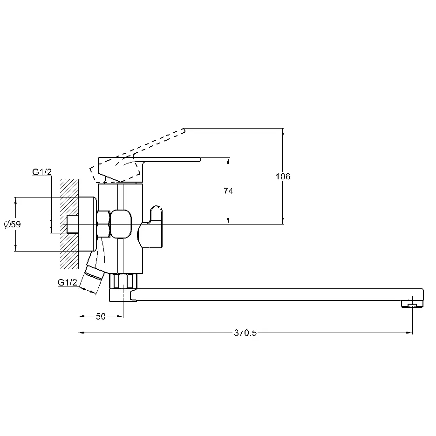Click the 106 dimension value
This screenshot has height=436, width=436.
click(283, 176)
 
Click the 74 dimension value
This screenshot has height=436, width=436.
click(228, 191)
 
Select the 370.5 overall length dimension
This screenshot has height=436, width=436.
click(245, 333)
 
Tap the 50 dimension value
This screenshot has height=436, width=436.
click(101, 316)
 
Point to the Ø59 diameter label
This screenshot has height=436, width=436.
click(13, 224)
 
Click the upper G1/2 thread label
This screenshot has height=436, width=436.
click(42, 172)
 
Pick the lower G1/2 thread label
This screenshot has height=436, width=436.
click(67, 282)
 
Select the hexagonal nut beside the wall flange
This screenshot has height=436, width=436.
click(103, 224)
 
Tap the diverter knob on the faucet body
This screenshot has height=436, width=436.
click(151, 227)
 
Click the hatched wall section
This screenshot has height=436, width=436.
click(69, 224)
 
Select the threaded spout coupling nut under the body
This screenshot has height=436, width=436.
click(123, 281)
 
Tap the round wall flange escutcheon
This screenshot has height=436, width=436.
click(88, 224)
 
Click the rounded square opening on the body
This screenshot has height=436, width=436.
click(121, 224)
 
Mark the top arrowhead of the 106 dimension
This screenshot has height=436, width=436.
click(283, 131)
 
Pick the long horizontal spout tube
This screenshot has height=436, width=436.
click(278, 295)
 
